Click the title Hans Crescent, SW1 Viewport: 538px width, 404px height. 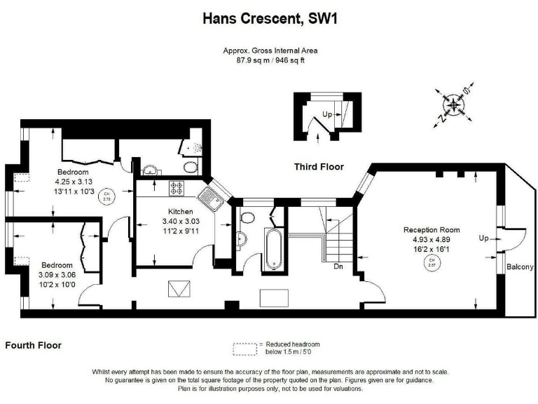(269, 19)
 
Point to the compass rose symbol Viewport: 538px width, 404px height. (454, 105)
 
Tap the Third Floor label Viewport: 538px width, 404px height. (319, 167)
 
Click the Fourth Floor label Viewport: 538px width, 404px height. (33, 345)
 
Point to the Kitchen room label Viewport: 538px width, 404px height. (180, 211)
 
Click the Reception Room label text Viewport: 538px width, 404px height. (432, 229)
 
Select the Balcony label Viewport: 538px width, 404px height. (520, 267)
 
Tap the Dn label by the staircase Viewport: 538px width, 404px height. (338, 267)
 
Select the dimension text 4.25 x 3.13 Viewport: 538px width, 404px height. (74, 182)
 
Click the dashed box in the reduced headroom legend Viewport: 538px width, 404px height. (244, 347)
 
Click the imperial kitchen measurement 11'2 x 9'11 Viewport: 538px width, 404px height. (179, 231)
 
